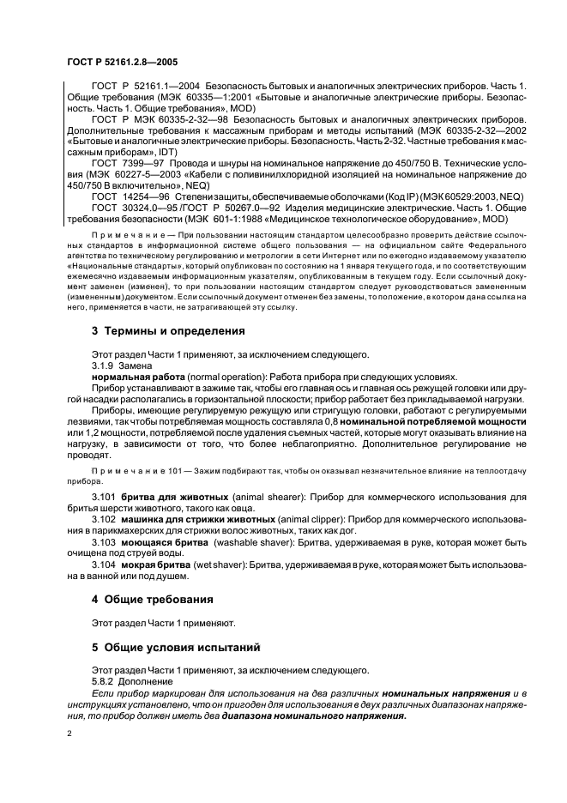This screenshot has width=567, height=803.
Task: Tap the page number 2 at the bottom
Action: [69, 734]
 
